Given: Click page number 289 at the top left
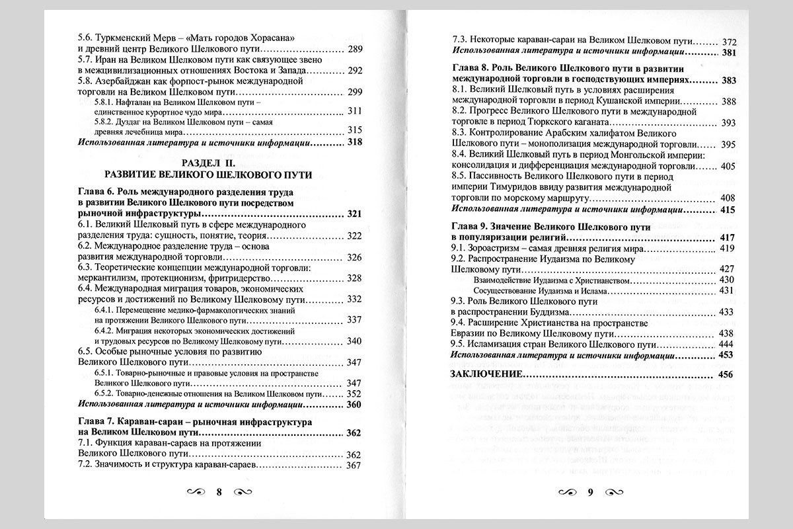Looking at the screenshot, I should pos(354,50).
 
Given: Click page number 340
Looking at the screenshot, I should pos(355,341).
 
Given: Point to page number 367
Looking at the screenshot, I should pos(354,465).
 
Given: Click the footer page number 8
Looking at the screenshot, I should pos(219,491).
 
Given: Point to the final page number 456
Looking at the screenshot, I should pos(726,375).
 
